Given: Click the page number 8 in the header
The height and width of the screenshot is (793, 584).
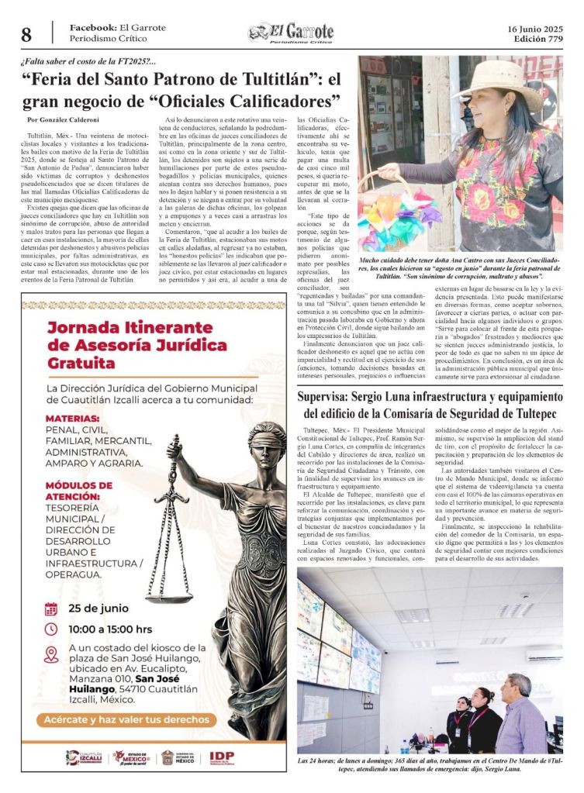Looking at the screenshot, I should coord(26,35).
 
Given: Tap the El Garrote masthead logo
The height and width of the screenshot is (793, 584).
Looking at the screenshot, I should coord(291,33).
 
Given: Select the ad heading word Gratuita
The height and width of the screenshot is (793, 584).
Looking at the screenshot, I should coord(81,363).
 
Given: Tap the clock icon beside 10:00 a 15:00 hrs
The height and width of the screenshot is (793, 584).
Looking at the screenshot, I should coord(51,629).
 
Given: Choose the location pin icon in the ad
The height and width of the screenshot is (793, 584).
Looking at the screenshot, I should coord(51,654).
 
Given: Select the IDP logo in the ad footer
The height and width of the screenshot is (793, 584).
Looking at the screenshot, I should coord(222,757).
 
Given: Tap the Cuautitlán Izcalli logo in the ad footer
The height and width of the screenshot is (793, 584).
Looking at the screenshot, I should coord(84,757).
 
